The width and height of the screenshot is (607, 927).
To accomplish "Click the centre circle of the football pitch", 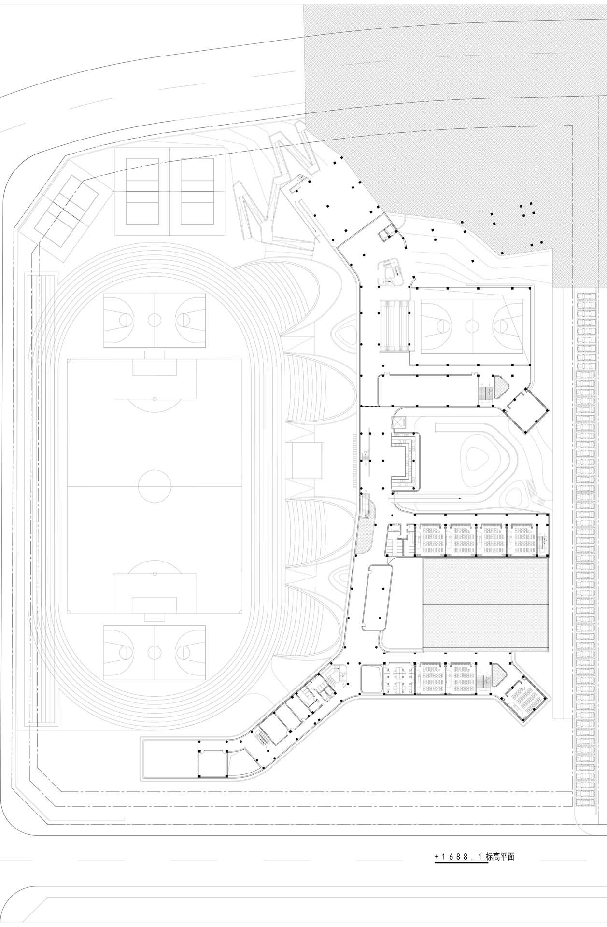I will coord(155,486).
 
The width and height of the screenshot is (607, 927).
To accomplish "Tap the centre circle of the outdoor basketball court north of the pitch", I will coord(155,319).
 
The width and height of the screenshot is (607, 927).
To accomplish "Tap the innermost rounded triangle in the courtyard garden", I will coord(479,457).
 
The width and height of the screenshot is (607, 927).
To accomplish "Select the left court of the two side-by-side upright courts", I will coord(142,192).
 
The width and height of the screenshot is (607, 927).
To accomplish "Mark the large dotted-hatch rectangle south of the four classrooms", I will coord(486,604).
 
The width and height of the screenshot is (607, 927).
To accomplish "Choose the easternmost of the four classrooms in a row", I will coord(522,540).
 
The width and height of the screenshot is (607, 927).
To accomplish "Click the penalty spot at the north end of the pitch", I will coord(155,399).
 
